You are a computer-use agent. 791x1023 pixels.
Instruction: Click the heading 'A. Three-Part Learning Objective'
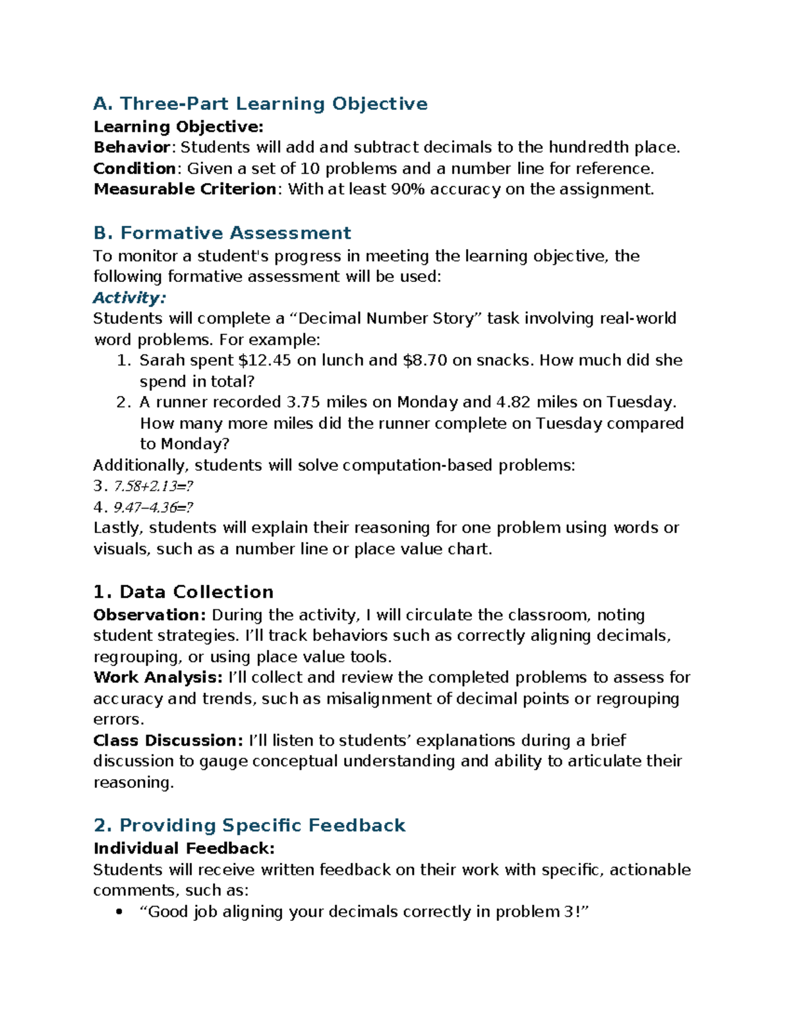click(260, 104)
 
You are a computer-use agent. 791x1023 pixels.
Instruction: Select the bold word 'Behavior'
click(132, 147)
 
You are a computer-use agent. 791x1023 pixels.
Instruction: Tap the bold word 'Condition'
click(134, 169)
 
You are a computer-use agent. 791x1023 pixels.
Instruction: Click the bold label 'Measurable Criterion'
click(185, 190)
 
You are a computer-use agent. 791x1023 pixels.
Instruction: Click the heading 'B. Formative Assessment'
click(222, 233)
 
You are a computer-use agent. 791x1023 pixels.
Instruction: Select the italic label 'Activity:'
click(129, 298)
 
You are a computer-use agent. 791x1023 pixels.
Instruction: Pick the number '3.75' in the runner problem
click(304, 402)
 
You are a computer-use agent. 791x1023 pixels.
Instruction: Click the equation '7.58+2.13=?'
click(154, 487)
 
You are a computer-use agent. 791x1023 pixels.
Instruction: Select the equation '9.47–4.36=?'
click(154, 508)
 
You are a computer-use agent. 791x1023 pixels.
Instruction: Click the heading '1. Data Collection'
click(183, 592)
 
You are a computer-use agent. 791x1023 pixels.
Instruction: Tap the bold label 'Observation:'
click(150, 615)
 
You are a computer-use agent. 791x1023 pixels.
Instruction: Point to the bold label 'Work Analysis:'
click(158, 678)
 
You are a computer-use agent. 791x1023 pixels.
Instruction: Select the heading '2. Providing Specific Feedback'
click(249, 825)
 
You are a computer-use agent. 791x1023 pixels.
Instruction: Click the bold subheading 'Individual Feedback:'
click(184, 848)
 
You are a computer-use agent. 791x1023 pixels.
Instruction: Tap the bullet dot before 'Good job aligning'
click(119, 912)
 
